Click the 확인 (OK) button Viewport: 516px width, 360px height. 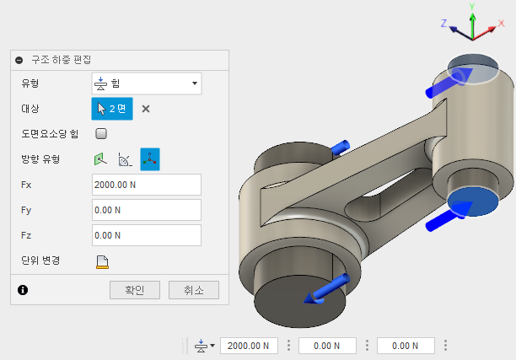135,290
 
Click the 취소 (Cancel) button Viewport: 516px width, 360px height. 194,290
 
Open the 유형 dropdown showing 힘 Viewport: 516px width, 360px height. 147,83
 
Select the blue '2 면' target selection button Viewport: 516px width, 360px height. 112,109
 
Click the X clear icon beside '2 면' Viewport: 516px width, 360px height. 146,109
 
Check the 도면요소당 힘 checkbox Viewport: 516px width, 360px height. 101,133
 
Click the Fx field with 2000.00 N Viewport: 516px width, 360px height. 147,185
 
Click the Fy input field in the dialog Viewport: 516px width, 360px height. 147,210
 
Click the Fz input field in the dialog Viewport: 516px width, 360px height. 147,235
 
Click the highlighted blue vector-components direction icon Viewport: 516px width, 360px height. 150,159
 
